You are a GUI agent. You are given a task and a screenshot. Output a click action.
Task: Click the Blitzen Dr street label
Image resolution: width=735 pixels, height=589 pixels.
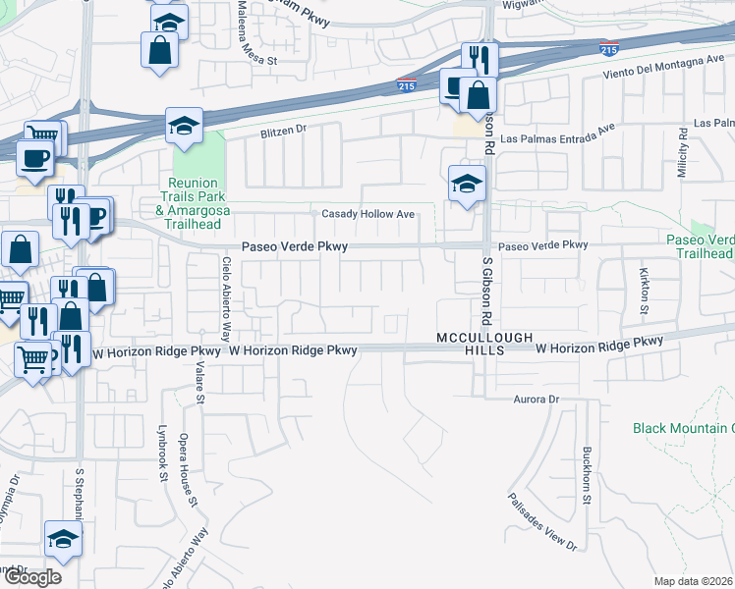pyautogui.click(x=284, y=130)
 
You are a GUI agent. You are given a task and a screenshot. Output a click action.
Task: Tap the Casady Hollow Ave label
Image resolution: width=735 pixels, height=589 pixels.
pyautogui.click(x=368, y=214)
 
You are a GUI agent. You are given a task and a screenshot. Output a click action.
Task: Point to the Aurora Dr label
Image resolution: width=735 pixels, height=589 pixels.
pyautogui.click(x=536, y=400)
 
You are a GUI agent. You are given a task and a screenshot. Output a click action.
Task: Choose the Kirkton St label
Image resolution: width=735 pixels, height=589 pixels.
pyautogui.click(x=645, y=292)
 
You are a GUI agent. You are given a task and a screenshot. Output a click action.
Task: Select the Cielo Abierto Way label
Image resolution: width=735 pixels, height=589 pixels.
pyautogui.click(x=226, y=282)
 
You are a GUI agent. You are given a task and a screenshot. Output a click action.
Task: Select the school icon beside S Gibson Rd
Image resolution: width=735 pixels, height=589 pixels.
pyautogui.click(x=467, y=183)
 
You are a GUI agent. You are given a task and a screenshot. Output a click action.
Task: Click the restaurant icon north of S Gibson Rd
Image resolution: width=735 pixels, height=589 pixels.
pyautogui.click(x=479, y=58)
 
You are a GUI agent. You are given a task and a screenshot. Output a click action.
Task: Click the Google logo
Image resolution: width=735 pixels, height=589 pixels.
pyautogui.click(x=31, y=577)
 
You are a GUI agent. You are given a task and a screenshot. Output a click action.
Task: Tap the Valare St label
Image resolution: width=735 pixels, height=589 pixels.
pyautogui.click(x=200, y=380)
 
